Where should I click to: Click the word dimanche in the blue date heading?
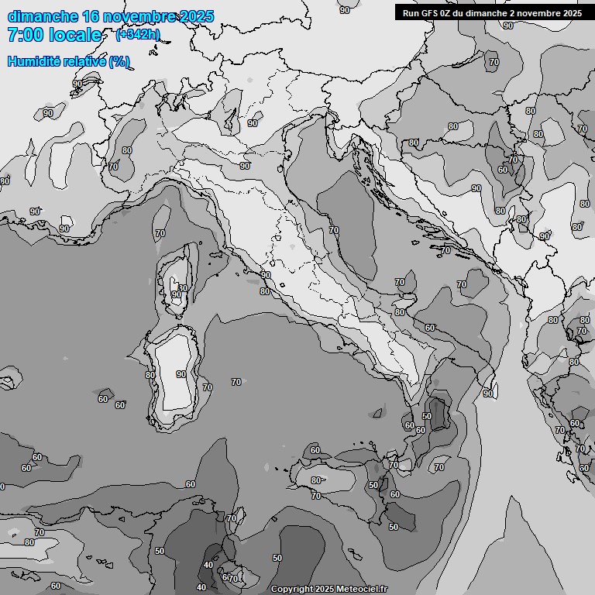tap(43, 16)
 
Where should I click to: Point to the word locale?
tap(75, 35)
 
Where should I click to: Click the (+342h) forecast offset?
tap(137, 35)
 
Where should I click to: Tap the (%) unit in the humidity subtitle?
tap(119, 61)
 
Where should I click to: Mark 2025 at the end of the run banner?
tap(571, 12)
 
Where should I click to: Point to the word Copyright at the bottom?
tap(292, 590)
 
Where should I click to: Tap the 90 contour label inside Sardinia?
tap(181, 374)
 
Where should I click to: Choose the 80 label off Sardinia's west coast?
tap(150, 375)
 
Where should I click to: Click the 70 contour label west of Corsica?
tap(160, 232)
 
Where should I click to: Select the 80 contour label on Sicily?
tap(315, 480)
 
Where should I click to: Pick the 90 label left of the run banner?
tap(345, 9)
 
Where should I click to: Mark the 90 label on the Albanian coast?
tap(488, 394)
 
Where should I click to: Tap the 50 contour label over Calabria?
tap(426, 416)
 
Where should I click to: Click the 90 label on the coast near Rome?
tap(266, 275)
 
